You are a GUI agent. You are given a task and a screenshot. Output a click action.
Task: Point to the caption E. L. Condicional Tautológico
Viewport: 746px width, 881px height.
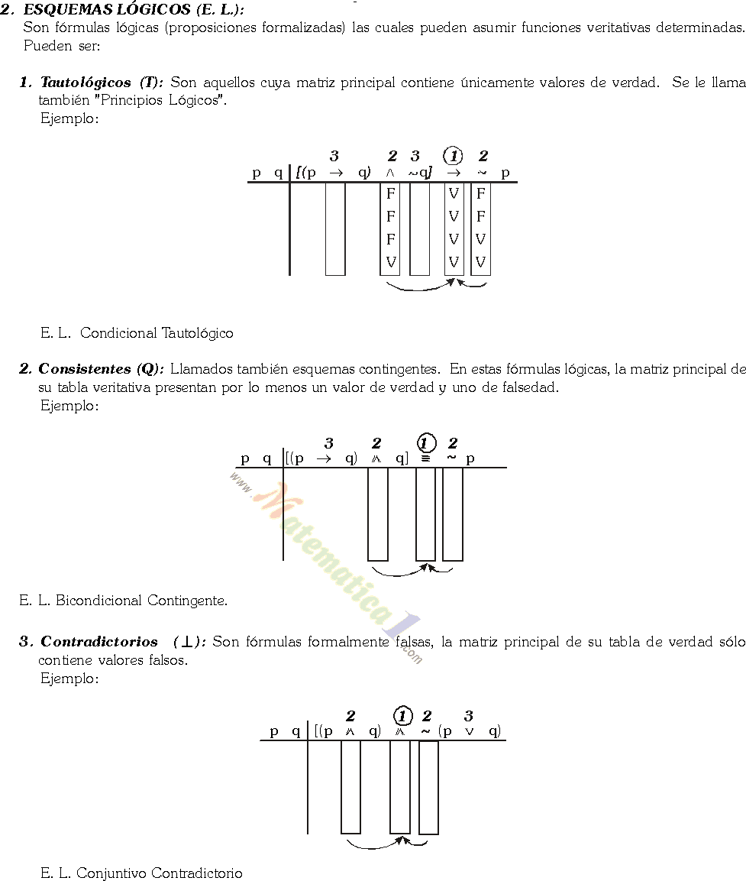tap(137, 333)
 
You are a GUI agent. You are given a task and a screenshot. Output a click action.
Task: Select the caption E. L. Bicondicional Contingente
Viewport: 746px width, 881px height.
tap(123, 601)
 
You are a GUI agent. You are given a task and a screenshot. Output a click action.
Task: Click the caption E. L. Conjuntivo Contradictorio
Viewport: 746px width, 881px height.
tap(141, 873)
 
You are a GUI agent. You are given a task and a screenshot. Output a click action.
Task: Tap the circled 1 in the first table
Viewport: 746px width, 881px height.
tap(454, 157)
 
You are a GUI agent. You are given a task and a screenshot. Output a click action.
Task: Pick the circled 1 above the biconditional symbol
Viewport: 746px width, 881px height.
tap(426, 443)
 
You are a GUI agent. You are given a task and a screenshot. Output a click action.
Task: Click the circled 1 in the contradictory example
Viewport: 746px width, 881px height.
tap(402, 716)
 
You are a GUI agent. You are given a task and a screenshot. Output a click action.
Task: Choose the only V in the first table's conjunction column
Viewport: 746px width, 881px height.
tap(390, 261)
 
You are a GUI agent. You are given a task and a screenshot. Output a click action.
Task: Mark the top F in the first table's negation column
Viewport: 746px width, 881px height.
tap(480, 193)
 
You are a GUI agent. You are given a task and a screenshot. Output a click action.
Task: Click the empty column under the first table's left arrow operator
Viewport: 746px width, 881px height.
tap(335, 228)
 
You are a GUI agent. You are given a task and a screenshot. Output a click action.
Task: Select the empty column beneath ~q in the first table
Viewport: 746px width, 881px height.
tap(419, 228)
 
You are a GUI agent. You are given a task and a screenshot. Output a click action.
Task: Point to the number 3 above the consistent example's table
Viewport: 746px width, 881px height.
tap(328, 443)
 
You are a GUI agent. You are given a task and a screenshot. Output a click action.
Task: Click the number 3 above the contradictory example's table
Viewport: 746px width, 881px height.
tap(468, 716)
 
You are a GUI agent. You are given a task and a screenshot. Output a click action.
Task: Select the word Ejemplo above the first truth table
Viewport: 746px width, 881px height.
tap(69, 118)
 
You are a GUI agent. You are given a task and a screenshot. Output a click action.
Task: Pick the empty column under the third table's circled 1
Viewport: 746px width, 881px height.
tap(400, 787)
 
